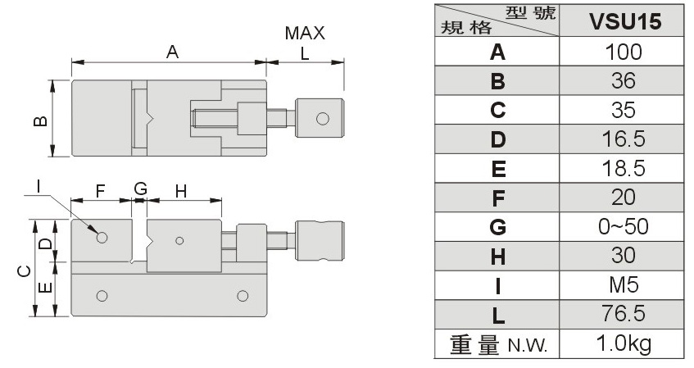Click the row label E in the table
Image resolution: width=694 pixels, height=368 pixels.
pyautogui.click(x=497, y=170)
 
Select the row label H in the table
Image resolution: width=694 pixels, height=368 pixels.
pyautogui.click(x=497, y=257)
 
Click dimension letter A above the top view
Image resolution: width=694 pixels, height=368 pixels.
pyautogui.click(x=172, y=52)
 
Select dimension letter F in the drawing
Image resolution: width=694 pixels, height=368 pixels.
pyautogui.click(x=101, y=191)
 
